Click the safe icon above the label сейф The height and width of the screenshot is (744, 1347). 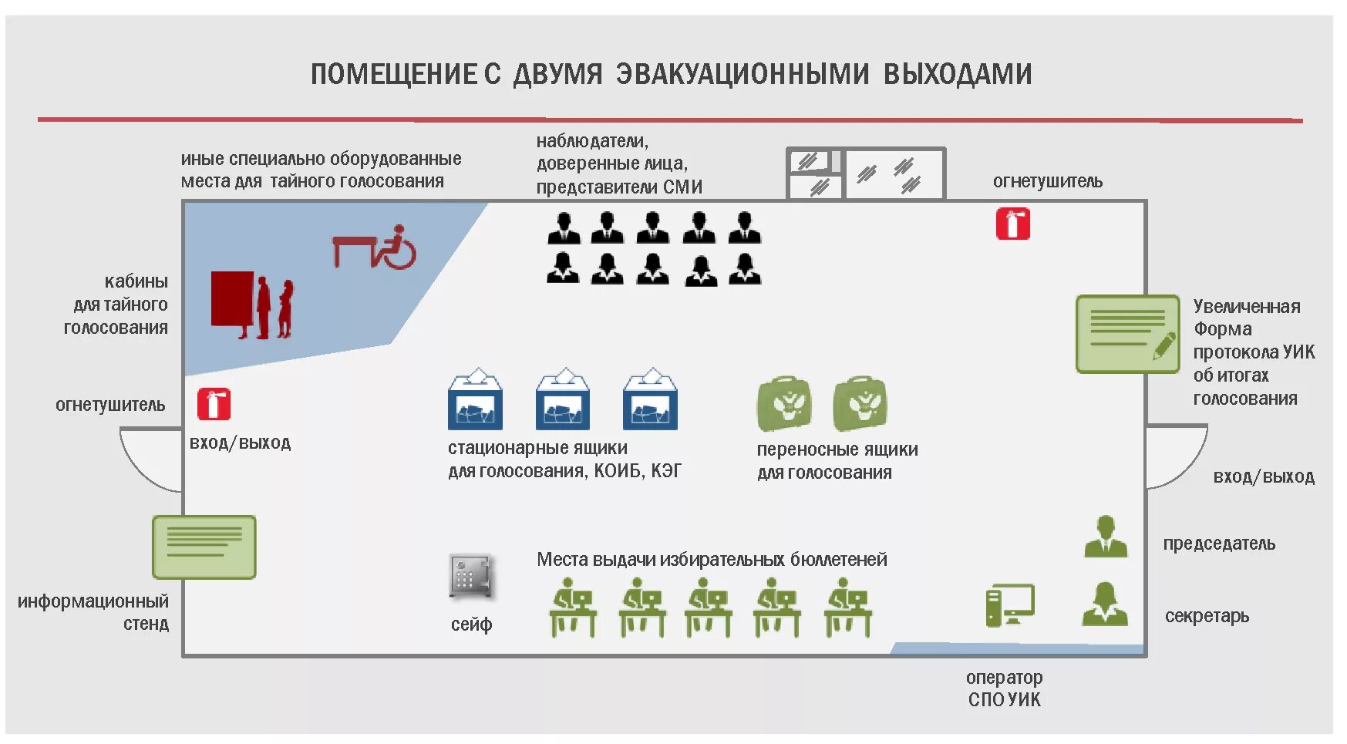pos(470,577)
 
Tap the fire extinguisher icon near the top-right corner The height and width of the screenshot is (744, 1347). pos(1012,224)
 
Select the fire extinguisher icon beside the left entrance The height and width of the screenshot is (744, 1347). pos(214,404)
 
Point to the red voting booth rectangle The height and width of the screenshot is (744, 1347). pos(232,298)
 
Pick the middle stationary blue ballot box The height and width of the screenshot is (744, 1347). pos(563,400)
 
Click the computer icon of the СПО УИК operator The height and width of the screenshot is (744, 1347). pos(1009,605)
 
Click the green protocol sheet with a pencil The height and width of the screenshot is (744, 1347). pos(1127,334)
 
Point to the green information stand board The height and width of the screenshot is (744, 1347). pos(204,547)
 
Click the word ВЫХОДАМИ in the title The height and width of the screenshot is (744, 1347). pos(957,74)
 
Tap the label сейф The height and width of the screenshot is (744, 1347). pos(471,624)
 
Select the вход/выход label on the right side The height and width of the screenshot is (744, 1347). pos(1263,476)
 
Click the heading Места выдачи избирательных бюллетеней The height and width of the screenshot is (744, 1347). pos(711,559)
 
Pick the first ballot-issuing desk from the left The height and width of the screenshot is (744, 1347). pos(572,608)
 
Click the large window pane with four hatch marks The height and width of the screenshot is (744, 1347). pos(894,174)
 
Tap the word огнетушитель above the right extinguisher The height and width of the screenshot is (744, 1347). pos(1047,181)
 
